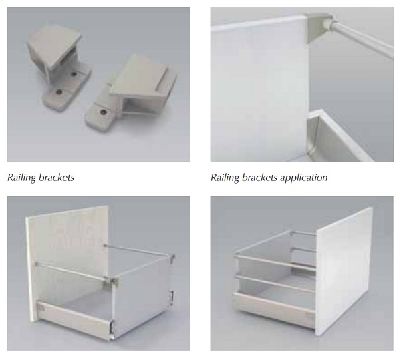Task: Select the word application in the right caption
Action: coord(303,178)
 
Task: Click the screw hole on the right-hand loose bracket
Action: coord(103,112)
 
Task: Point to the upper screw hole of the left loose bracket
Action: coord(74,74)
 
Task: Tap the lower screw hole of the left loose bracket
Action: coord(59,92)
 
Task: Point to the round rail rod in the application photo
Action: coord(363,39)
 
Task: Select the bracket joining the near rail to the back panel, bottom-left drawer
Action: coord(112,281)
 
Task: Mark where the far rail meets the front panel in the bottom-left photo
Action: coord(105,246)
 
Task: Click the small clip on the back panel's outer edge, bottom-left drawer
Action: coord(171,296)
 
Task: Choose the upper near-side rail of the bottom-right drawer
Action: coord(275,261)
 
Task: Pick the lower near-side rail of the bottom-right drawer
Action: coord(275,283)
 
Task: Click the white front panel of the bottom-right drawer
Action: coord(345,271)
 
